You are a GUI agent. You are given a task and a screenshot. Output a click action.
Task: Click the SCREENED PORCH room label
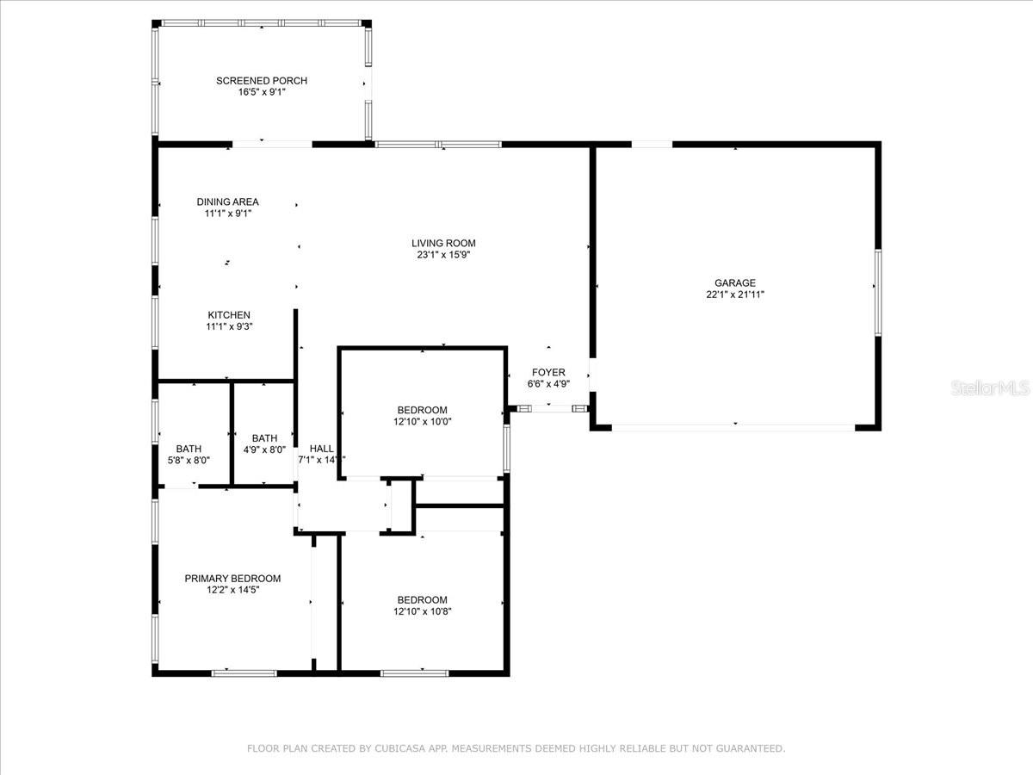click(262, 81)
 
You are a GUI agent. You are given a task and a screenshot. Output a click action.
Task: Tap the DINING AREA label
click(228, 201)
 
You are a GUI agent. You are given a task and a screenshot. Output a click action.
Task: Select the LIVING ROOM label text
click(443, 244)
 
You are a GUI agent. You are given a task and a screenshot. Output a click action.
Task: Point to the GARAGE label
click(735, 282)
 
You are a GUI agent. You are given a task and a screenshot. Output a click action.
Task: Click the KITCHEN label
click(229, 315)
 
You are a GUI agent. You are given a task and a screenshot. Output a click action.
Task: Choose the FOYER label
click(548, 373)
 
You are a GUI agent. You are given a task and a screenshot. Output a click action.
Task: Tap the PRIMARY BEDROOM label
click(232, 579)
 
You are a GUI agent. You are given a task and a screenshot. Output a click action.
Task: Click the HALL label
click(322, 449)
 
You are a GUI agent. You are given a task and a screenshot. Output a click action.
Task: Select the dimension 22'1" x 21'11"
click(735, 294)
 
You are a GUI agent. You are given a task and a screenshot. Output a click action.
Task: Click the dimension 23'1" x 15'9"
click(443, 255)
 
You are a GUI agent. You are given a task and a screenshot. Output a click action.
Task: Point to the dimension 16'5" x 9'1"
click(262, 92)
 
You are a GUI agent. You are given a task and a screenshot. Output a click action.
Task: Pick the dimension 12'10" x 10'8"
click(423, 611)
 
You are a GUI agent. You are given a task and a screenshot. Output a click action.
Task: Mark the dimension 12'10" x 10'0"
click(423, 422)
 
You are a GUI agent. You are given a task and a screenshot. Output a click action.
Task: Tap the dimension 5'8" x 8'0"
click(189, 460)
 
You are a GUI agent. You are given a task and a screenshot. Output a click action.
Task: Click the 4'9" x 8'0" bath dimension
click(264, 449)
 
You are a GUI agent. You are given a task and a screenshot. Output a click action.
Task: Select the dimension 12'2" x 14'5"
click(233, 590)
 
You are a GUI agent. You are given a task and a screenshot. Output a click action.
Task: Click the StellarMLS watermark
click(990, 387)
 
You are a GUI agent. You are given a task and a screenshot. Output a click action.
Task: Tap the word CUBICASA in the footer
click(399, 748)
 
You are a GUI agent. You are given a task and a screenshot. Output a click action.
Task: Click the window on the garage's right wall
click(878, 293)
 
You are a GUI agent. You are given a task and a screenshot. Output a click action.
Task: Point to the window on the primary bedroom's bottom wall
click(244, 673)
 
